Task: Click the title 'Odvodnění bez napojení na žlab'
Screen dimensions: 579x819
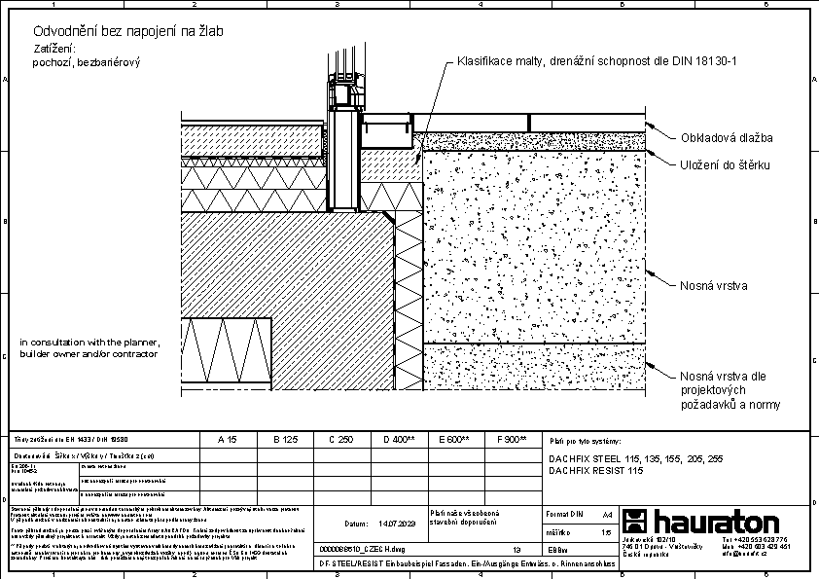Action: point(128,32)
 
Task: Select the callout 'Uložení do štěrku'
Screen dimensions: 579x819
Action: point(725,165)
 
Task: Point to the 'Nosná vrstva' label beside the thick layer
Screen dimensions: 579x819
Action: point(713,286)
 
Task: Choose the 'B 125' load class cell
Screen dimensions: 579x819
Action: point(285,440)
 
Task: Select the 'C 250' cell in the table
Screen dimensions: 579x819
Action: point(340,440)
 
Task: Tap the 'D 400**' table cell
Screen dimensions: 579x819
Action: point(399,440)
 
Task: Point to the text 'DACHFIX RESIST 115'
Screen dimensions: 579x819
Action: point(596,470)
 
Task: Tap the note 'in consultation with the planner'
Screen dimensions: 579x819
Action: point(88,343)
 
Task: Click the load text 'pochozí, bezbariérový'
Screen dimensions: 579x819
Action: point(88,61)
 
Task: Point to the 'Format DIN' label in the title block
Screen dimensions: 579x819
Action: point(564,513)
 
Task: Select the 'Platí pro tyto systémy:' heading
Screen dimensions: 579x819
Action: point(585,442)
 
